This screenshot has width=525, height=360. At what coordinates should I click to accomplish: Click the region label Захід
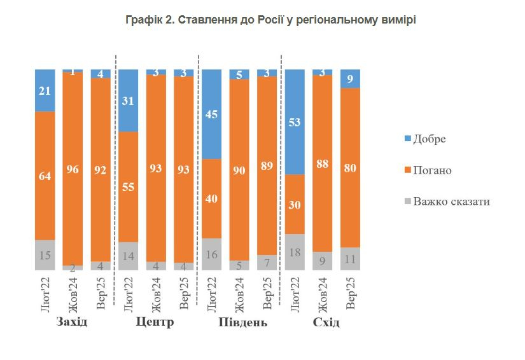click(x=71, y=322)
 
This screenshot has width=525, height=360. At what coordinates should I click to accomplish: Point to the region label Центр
click(x=155, y=322)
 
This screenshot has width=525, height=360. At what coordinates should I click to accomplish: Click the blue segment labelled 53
click(x=295, y=121)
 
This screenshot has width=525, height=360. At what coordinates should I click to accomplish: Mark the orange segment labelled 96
click(x=73, y=169)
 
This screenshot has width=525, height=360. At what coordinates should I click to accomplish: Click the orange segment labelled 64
click(x=45, y=176)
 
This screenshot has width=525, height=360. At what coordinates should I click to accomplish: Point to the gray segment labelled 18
click(x=295, y=253)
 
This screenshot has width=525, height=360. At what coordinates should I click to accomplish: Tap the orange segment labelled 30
click(x=295, y=204)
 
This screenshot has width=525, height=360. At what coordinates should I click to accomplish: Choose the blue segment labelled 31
click(x=128, y=100)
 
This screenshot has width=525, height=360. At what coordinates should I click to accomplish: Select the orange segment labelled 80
click(x=350, y=168)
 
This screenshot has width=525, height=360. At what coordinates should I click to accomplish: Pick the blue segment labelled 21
click(x=45, y=90)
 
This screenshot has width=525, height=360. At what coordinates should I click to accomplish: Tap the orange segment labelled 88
click(x=323, y=164)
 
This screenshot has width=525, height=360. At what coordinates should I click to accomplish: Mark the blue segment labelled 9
click(x=350, y=79)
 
